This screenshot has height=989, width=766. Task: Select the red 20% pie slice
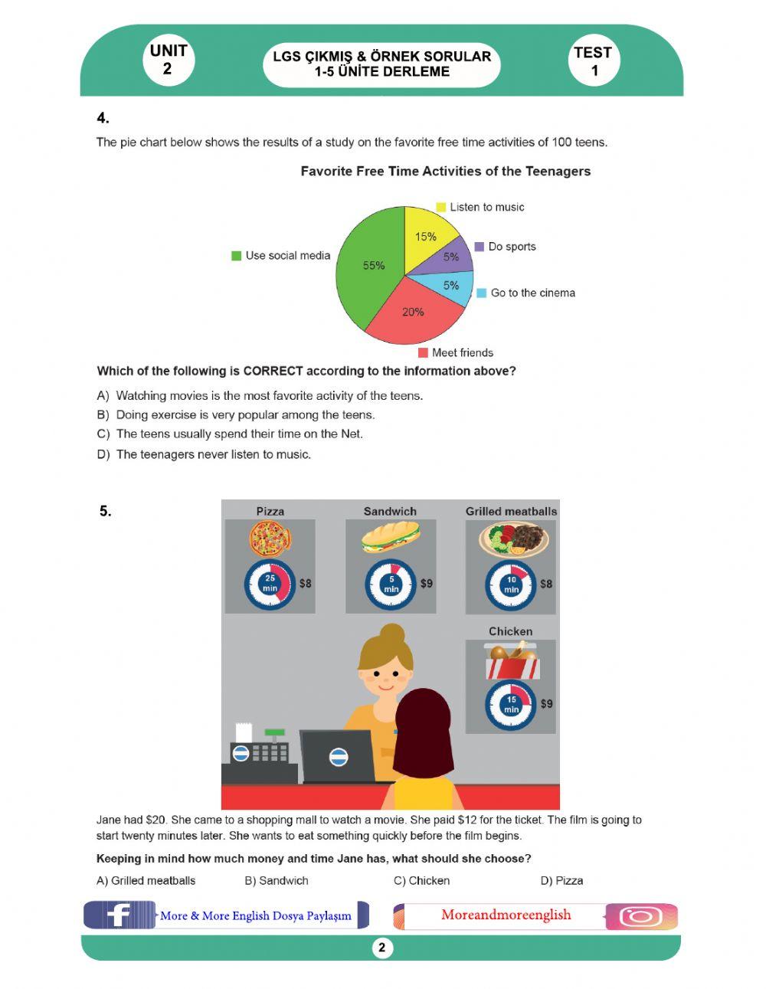414,314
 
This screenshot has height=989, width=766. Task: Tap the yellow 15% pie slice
425,234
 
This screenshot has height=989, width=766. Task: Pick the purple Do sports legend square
480,247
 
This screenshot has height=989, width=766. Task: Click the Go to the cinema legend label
532,293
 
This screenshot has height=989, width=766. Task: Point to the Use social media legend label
287,256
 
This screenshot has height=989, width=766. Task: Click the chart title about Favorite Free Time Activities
445,172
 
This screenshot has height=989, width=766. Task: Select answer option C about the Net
239,434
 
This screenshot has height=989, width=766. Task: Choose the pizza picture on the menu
270,538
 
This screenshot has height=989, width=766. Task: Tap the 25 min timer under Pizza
270,584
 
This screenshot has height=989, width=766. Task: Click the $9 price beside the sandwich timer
426,584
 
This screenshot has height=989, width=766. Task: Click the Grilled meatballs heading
511,511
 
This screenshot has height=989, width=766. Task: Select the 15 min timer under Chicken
511,704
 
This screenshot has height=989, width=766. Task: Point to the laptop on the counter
337,756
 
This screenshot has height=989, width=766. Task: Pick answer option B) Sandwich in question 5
277,881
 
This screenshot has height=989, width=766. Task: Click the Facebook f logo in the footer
118,915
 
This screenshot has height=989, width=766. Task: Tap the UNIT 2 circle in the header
168,60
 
